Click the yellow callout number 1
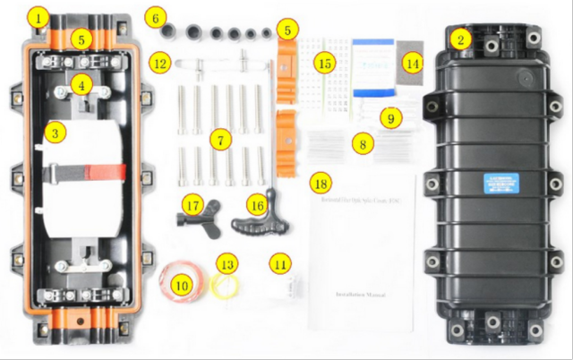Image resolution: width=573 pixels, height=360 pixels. click(x=35, y=16)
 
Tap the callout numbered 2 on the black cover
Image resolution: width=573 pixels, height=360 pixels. click(x=459, y=39)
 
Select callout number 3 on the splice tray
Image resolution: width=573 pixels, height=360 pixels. click(x=56, y=133)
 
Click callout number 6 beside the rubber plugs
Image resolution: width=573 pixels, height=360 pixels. click(x=157, y=17)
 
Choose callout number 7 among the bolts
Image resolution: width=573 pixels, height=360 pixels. click(x=220, y=141)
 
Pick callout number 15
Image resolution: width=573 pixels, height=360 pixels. click(x=324, y=62)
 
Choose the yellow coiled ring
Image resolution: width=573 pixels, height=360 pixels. click(x=229, y=285)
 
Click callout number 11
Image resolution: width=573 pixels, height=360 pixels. click(x=281, y=264)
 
